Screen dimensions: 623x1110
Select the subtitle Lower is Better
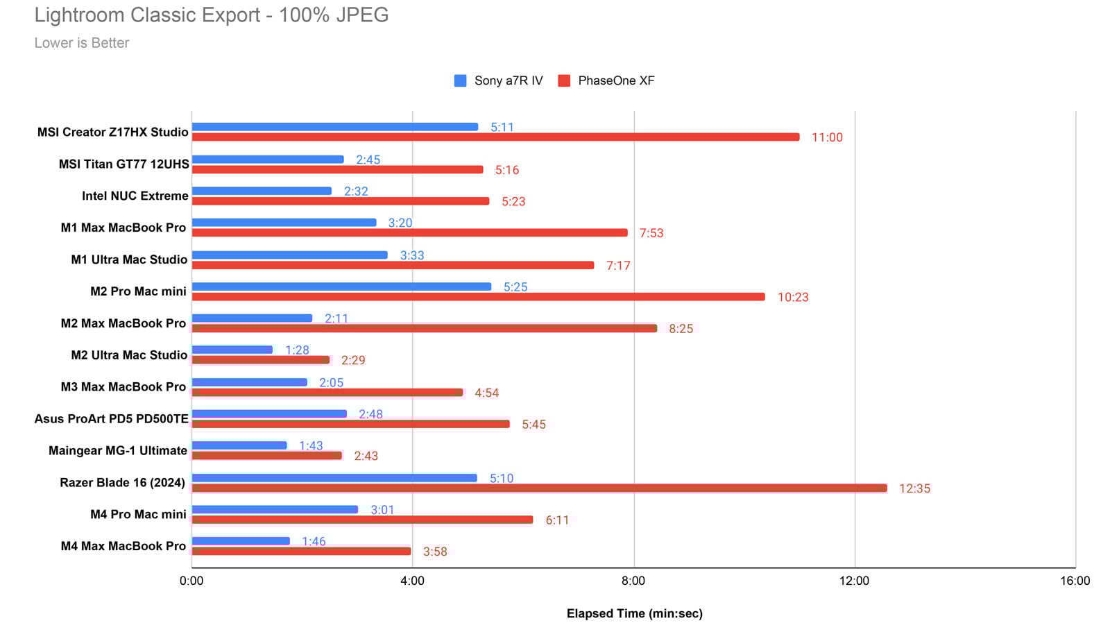pyautogui.click(x=82, y=43)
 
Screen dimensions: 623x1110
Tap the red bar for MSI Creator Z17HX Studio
pyautogui.click(x=495, y=137)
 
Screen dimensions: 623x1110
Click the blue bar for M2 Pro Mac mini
pyautogui.click(x=341, y=287)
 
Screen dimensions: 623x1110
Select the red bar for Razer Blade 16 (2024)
pyautogui.click(x=539, y=488)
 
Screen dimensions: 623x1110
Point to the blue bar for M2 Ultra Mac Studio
pyautogui.click(x=232, y=350)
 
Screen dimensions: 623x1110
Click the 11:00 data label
pyautogui.click(x=827, y=137)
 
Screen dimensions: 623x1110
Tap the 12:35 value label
pyautogui.click(x=914, y=488)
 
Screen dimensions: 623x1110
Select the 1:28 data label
pyautogui.click(x=297, y=350)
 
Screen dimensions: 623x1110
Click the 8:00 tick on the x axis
pyautogui.click(x=633, y=581)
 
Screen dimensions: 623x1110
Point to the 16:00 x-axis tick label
pyautogui.click(x=1075, y=581)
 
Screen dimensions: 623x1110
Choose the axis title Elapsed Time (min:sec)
pyautogui.click(x=634, y=613)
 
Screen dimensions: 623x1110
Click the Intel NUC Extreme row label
pyautogui.click(x=135, y=196)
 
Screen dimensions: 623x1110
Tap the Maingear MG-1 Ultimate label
pyautogui.click(x=118, y=450)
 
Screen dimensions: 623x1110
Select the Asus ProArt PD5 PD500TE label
pyautogui.click(x=111, y=419)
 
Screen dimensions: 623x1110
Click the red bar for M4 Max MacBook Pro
pyautogui.click(x=301, y=552)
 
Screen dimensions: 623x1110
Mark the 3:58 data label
pyautogui.click(x=435, y=552)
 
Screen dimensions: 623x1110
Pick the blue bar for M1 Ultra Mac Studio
pyautogui.click(x=289, y=255)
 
